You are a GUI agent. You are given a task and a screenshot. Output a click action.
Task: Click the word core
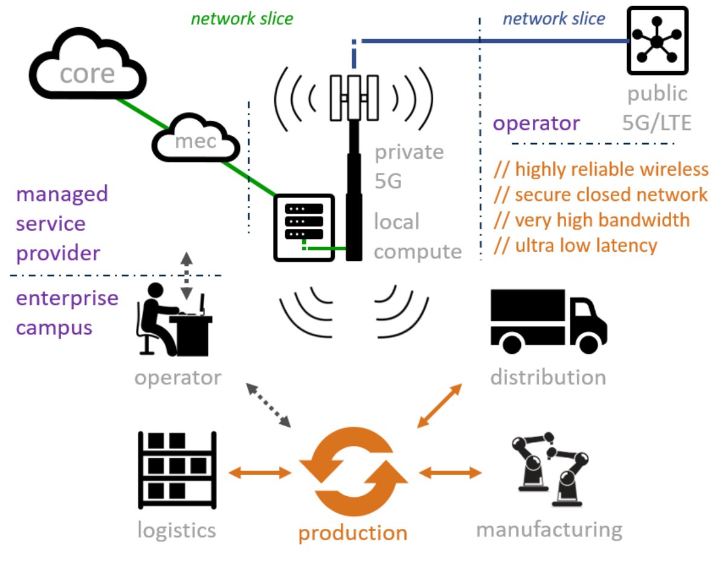pos(88,74)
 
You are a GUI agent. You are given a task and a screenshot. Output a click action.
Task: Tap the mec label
pos(195,141)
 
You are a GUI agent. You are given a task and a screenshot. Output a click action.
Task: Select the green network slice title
pos(242,19)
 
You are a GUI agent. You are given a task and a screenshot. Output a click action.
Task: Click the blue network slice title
pos(554,19)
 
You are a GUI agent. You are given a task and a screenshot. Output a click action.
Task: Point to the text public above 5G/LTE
pos(657,94)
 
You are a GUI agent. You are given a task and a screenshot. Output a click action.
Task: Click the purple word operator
pos(536,124)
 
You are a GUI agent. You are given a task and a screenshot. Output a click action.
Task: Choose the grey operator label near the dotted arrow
pos(178,378)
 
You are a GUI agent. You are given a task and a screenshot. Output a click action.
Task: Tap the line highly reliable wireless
pos(601,170)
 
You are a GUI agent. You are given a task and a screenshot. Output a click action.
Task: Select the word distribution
pos(548,378)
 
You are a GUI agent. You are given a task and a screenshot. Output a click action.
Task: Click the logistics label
pos(177,530)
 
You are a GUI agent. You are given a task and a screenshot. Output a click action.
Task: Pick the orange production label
pos(353,533)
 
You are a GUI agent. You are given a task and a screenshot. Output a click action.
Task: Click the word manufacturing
pos(549,530)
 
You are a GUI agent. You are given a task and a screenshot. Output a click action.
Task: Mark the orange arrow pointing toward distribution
pos(440,406)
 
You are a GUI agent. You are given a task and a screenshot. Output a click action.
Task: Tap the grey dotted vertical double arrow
pos(187,275)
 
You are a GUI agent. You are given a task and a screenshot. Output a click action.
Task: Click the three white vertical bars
pos(354,97)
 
